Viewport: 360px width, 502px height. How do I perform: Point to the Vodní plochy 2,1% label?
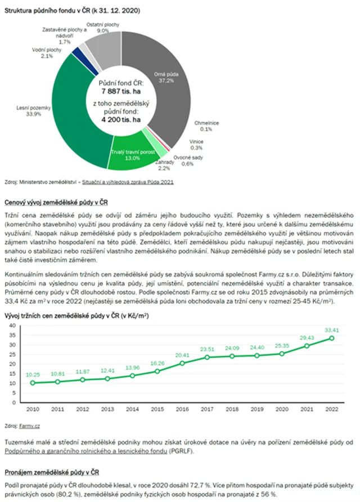[43, 53]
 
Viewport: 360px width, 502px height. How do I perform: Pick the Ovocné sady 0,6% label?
[184, 160]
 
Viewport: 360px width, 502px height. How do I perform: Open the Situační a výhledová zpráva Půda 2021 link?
[129, 182]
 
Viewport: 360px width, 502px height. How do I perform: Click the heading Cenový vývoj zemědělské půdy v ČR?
[56, 201]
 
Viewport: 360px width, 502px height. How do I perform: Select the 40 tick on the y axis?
[13, 326]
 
